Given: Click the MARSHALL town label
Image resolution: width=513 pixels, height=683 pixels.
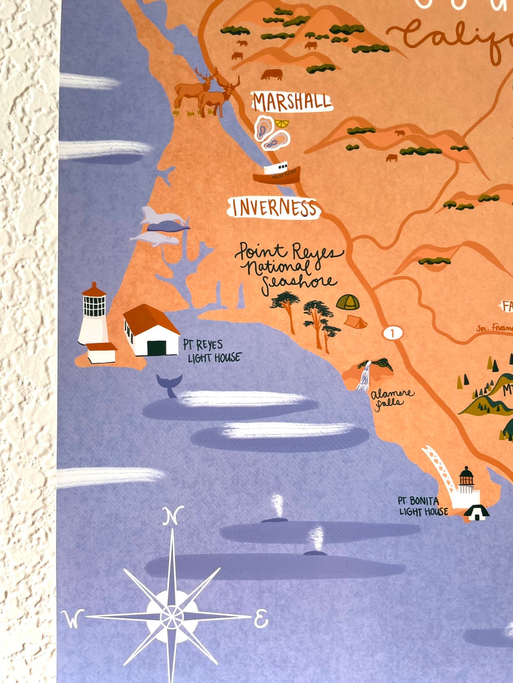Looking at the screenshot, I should (292, 102).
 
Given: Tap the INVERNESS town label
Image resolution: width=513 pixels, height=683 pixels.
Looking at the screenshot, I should (274, 208).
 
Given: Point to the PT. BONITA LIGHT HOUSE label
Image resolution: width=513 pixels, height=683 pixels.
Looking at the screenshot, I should (423, 506).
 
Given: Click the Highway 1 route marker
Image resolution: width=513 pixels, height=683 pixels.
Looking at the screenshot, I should (393, 333).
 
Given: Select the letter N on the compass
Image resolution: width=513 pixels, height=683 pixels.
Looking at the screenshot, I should (172, 516).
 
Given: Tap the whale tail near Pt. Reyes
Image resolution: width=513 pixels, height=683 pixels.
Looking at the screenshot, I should (169, 385).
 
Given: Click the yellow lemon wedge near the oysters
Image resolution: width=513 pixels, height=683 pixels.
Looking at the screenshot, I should (282, 123).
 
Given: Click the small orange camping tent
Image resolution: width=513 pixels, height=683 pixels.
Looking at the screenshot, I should (355, 321).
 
